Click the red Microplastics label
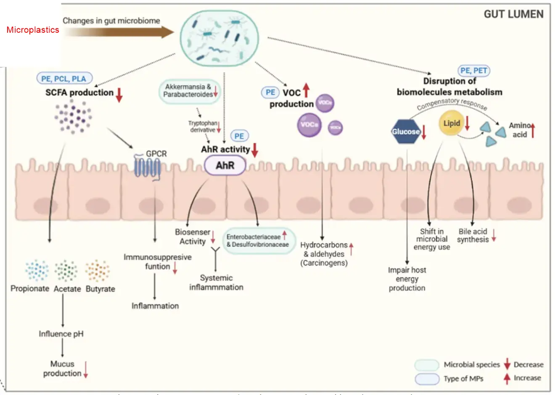pos(33,30)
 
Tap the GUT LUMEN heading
pos(513,14)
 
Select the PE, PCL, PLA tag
pos(63,78)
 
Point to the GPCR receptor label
pos(156,154)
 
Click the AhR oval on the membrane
pos(225,165)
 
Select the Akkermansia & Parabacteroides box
pos(189,91)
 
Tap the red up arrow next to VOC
pos(306,90)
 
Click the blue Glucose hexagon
pos(406,132)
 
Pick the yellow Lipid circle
pos(452,123)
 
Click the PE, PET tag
pos(474,71)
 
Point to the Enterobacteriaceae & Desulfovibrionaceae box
pos(258,241)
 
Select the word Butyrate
pos(100,289)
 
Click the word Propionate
pos(30,288)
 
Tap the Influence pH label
pos(61,334)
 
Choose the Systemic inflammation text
pos(216,283)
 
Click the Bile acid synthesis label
pos(473,235)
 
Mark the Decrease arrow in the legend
pos(507,364)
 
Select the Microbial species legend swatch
pos(427,365)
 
